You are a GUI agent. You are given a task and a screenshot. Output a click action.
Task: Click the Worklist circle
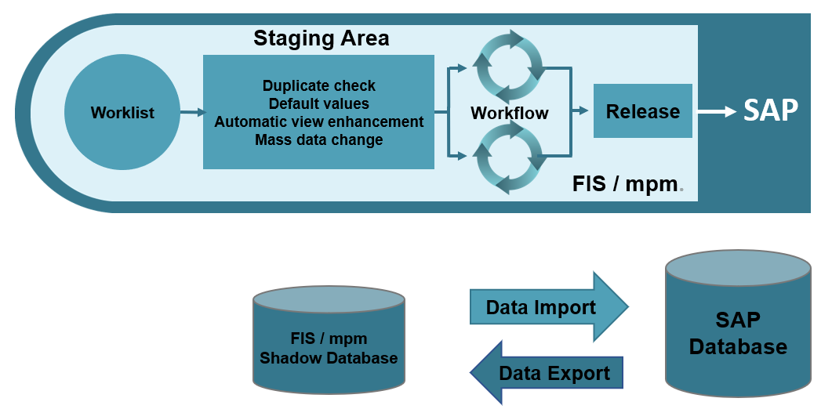122,113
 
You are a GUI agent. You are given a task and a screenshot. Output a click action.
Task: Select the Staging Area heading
321,38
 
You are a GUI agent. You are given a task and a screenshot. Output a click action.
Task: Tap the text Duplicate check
318,86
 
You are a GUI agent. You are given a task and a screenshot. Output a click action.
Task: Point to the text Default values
318,103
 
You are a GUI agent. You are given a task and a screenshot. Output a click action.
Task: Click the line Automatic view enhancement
318,121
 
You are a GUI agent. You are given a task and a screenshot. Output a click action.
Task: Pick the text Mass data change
318,140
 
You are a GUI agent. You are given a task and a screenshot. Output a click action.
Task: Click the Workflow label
509,114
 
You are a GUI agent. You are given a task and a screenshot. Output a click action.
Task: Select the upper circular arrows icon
510,66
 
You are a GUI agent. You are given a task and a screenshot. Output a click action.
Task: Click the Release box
642,111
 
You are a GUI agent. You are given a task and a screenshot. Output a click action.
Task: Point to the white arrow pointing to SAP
715,112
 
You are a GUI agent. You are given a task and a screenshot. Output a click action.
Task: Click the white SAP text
770,110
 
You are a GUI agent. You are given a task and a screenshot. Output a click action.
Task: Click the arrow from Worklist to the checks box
191,113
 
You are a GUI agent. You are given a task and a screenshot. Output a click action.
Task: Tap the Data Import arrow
547,307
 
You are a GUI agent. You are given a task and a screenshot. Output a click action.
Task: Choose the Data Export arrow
547,373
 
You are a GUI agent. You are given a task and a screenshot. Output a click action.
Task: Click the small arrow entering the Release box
581,111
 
